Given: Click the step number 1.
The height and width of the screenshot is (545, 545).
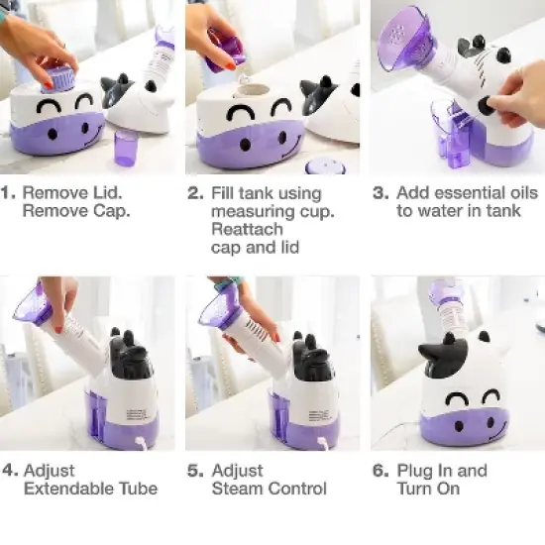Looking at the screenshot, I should pos(8,192).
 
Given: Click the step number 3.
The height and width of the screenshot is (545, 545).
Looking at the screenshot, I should pos(380,192).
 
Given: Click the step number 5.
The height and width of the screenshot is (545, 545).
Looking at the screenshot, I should pos(194,470).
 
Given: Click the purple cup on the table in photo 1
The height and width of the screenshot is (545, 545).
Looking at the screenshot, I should pos(126,149).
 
